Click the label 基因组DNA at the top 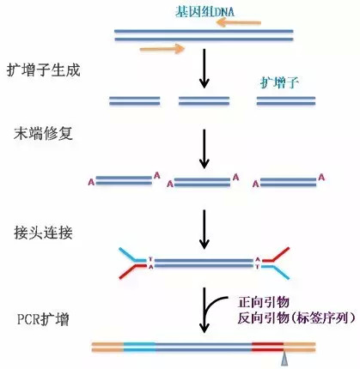point(205,11)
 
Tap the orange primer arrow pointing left point(239,22)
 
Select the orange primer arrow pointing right point(162,49)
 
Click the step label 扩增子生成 point(43,70)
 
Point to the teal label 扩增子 point(279,83)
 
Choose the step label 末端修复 point(43,133)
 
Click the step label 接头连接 point(43,233)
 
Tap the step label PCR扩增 point(43,319)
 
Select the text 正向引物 point(264,302)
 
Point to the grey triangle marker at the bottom point(284,359)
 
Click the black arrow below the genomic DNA point(204,69)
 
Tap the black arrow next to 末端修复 point(204,149)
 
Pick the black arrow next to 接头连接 point(204,229)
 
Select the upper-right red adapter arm point(276,256)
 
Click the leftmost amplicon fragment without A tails point(135,100)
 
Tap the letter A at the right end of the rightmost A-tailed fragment point(321,178)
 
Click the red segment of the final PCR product point(267,347)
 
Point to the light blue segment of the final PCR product point(140,347)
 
